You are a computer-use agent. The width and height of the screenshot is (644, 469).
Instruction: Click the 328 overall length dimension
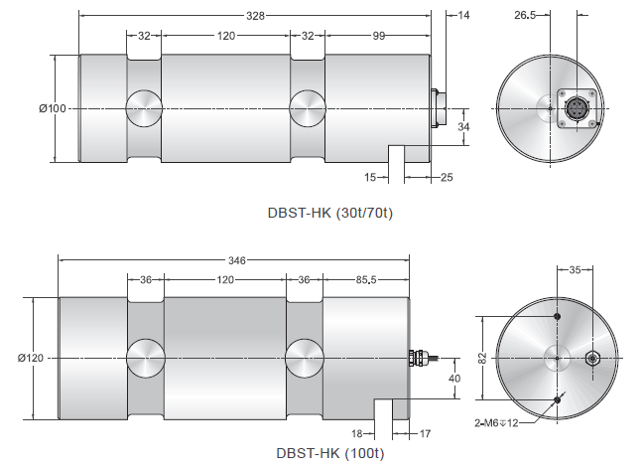(255, 16)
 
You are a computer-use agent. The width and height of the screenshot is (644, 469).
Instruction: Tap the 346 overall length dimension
(237, 260)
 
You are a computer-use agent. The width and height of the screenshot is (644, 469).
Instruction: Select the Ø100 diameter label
(53, 108)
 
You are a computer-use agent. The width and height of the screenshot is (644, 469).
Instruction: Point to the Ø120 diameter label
(31, 358)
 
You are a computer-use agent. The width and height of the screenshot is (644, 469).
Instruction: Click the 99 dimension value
(379, 36)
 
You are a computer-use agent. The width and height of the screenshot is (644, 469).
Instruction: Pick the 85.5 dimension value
(366, 280)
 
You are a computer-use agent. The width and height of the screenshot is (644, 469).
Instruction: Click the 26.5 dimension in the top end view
(525, 15)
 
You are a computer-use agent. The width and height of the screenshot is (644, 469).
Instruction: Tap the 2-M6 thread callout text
(496, 422)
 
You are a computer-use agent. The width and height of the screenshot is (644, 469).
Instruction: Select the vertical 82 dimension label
(483, 358)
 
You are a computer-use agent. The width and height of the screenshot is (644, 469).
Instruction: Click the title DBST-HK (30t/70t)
(330, 213)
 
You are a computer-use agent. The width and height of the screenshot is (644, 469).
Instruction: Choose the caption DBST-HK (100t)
(330, 453)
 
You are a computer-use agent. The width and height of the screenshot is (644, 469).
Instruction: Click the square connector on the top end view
(577, 108)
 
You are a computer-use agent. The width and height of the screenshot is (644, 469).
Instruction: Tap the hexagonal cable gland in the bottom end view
(591, 359)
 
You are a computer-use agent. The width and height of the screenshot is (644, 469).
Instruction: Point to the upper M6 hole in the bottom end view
(558, 316)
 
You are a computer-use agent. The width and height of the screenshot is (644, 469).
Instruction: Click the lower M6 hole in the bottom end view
(558, 399)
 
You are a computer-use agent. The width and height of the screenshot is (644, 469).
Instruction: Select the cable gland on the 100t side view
(417, 358)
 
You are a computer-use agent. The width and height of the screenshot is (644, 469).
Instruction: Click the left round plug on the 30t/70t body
(144, 108)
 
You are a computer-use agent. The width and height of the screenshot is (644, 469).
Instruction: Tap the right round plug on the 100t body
(305, 359)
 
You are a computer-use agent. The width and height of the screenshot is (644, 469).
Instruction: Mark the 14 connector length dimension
(463, 15)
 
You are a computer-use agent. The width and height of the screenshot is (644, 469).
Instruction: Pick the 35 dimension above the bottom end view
(575, 270)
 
